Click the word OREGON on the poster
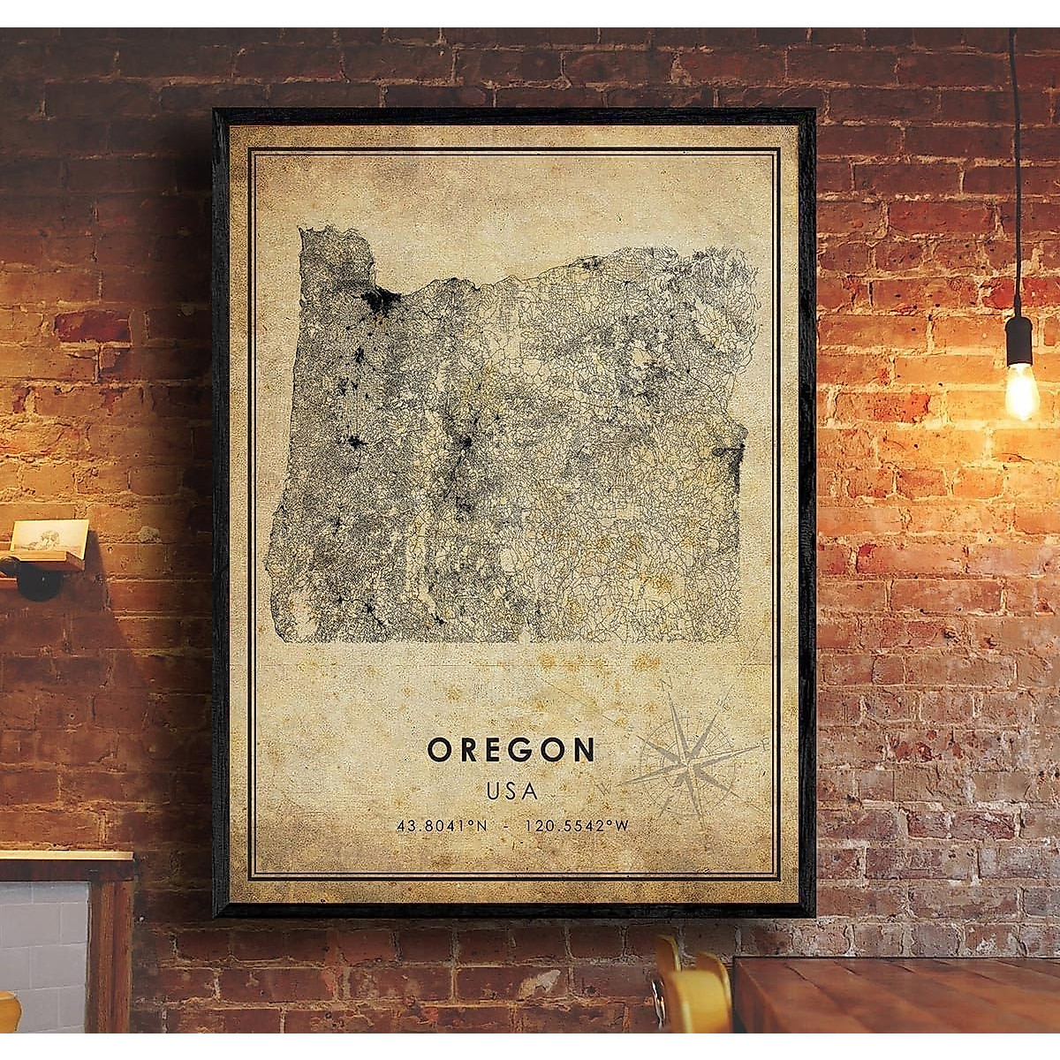click(511, 750)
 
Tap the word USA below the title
click(511, 790)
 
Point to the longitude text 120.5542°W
click(576, 827)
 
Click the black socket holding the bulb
click(1019, 340)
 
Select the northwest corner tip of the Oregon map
click(303, 231)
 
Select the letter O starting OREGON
click(438, 750)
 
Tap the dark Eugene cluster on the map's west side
click(355, 442)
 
